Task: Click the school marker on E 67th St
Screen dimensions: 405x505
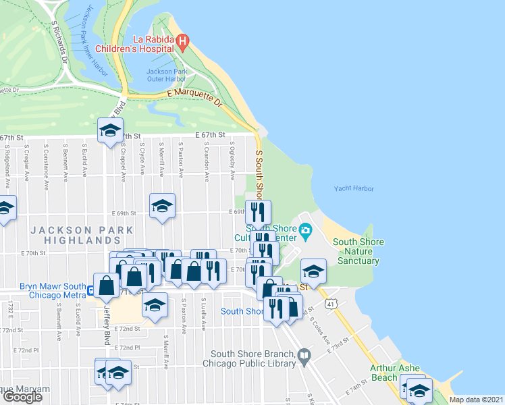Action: tap(109, 130)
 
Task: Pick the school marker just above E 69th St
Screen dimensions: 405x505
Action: tap(162, 206)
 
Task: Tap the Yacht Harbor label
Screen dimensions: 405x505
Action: tap(353, 189)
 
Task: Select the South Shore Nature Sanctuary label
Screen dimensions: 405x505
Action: tap(358, 251)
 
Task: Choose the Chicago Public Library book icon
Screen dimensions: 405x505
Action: tap(304, 354)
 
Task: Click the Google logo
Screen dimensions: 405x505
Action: tap(22, 396)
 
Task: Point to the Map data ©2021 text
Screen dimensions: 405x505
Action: tap(477, 400)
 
